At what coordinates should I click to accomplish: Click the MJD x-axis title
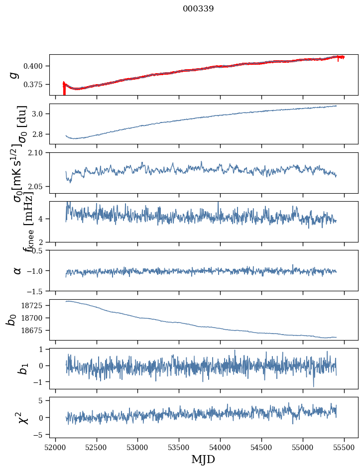(x=203, y=459)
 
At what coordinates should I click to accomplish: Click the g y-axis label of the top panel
(x=14, y=75)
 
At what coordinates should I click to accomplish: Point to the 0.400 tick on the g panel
(x=36, y=66)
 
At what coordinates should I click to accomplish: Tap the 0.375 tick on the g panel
(x=36, y=85)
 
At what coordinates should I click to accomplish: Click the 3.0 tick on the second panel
(x=39, y=114)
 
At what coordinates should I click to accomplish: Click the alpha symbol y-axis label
(x=17, y=270)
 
